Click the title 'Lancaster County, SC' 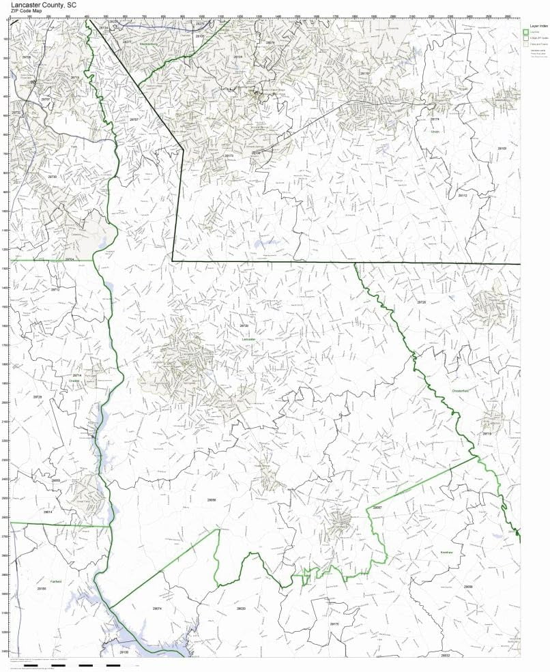click(38, 4)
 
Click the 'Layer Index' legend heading click(534, 25)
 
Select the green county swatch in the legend click(525, 31)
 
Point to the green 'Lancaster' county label click(249, 338)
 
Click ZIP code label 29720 click(244, 326)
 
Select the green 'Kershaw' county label click(447, 552)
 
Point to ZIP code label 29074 click(157, 608)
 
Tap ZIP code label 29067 click(377, 508)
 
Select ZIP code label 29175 click(334, 624)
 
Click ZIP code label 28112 click(463, 196)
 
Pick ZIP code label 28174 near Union click(435, 119)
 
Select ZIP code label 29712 click(56, 289)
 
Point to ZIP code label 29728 click(422, 302)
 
